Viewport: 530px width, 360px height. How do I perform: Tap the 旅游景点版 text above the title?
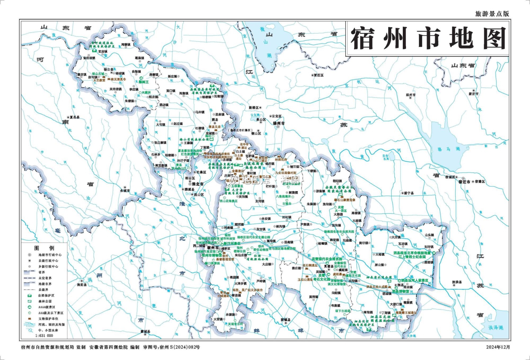pyautogui.click(x=492, y=14)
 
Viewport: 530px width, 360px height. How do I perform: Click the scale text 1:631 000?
pyautogui.click(x=44, y=336)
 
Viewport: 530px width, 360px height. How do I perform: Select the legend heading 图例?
pyautogui.click(x=44, y=248)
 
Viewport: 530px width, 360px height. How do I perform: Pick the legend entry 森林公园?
pyautogui.click(x=45, y=301)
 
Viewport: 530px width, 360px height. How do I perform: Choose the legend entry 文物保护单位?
pyautogui.click(x=48, y=319)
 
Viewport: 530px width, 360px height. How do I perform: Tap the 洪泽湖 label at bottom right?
pyautogui.click(x=495, y=328)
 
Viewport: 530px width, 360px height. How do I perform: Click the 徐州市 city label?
pyautogui.click(x=279, y=123)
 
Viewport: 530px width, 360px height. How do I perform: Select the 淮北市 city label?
pyautogui.click(x=198, y=184)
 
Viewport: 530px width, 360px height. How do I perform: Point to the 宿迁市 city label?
pyautogui.click(x=464, y=182)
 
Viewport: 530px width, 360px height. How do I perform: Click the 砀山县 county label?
pyautogui.click(x=109, y=70)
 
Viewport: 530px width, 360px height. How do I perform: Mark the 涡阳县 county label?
pyautogui.click(x=82, y=285)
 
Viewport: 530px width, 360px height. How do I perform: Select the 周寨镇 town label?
pyautogui.click(x=126, y=45)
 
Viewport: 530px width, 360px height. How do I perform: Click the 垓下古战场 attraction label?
pyautogui.click(x=342, y=311)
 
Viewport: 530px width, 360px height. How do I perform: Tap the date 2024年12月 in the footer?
pyautogui.click(x=498, y=347)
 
